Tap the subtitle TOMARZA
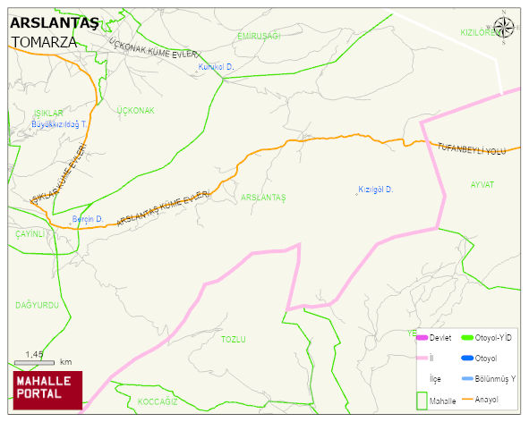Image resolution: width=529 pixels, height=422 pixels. pos(45,42)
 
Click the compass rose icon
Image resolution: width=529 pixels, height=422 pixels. pos(504,28)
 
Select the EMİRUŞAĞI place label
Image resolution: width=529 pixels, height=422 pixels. pos(260,35)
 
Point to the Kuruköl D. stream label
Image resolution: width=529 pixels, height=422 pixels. pos(216,67)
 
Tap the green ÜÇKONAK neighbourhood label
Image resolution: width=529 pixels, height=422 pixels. pos(136,111)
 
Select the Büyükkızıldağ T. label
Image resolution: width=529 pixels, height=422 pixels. pos(59,124)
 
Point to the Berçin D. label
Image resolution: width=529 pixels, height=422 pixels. pos(88,219)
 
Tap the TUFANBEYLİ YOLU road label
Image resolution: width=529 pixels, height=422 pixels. pos(472,148)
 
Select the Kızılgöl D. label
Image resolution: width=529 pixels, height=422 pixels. pos(376,190)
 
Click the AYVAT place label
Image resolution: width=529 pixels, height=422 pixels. pos(482,184)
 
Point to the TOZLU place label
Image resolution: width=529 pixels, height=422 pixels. pos(233,340)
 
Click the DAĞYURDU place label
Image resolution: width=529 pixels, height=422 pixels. pos(37,305)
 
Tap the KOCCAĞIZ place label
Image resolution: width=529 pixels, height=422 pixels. pos(158,402)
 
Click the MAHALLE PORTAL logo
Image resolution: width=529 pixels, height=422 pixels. pos(47,388)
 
